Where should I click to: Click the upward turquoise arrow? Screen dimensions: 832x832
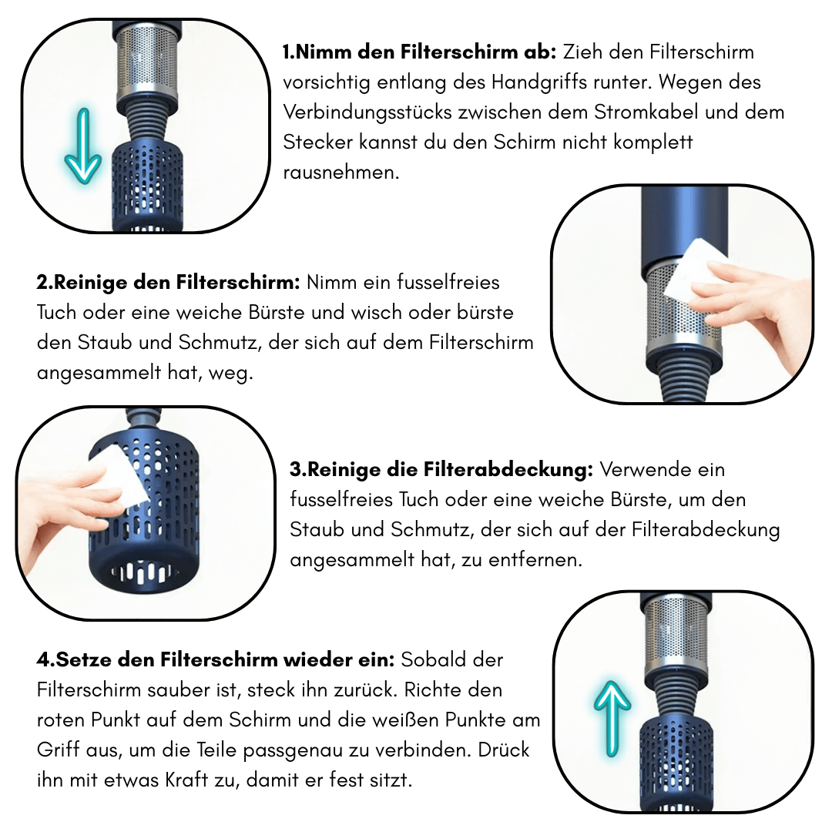coord(612,716)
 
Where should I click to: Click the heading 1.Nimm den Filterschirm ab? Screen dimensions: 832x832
coord(419,52)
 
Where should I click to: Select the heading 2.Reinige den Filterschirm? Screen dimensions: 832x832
coord(168,282)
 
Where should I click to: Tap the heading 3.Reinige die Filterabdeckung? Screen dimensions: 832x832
coord(441,469)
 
